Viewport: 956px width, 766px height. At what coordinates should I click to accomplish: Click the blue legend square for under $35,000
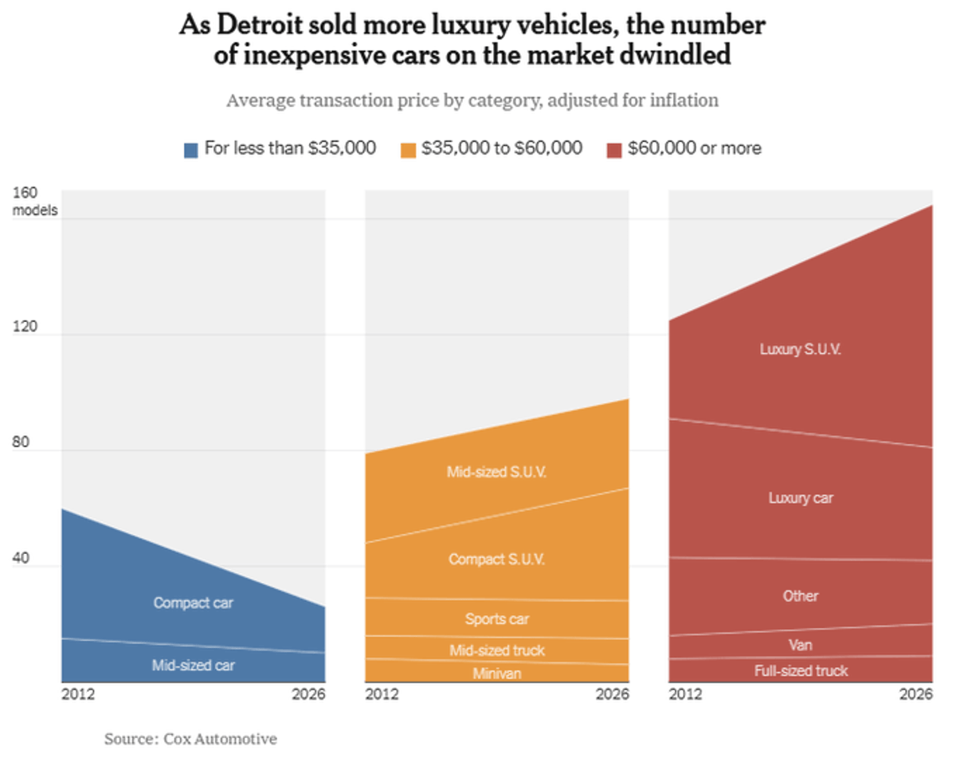pyautogui.click(x=191, y=149)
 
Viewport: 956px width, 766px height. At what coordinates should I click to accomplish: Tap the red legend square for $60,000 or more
pyautogui.click(x=613, y=149)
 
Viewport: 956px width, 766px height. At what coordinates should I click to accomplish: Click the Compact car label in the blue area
pyautogui.click(x=194, y=603)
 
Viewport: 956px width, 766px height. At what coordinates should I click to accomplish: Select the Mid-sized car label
pyautogui.click(x=194, y=665)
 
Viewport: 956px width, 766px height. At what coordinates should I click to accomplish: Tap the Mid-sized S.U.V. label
pyautogui.click(x=496, y=472)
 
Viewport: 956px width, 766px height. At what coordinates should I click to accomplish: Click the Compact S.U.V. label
pyautogui.click(x=496, y=560)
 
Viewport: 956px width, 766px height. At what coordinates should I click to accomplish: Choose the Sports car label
pyautogui.click(x=496, y=619)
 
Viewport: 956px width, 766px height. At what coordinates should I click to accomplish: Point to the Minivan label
pyautogui.click(x=496, y=674)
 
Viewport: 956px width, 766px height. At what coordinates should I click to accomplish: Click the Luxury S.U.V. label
pyautogui.click(x=800, y=350)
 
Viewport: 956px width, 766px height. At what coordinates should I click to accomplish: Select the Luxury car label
pyautogui.click(x=800, y=498)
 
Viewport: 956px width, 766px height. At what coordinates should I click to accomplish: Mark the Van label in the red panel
pyautogui.click(x=800, y=645)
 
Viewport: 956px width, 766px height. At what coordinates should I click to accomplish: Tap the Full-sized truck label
pyautogui.click(x=801, y=671)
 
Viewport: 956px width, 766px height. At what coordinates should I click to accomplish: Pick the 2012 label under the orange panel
pyautogui.click(x=382, y=694)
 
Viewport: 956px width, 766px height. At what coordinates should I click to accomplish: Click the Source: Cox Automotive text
pyautogui.click(x=190, y=739)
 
